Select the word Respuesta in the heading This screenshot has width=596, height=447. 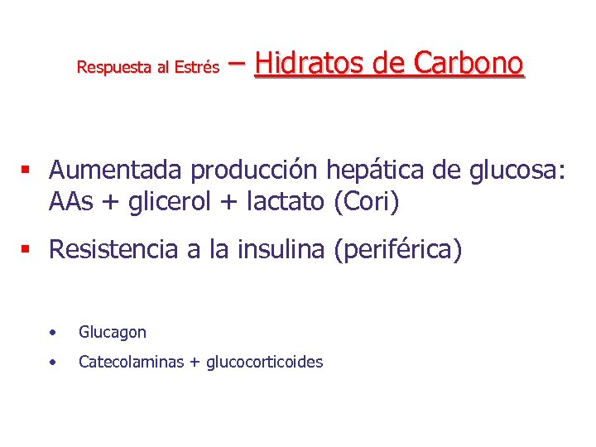point(111,67)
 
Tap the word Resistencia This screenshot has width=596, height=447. point(113,249)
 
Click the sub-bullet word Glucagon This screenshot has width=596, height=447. point(113,333)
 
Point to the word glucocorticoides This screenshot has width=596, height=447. point(264,363)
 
